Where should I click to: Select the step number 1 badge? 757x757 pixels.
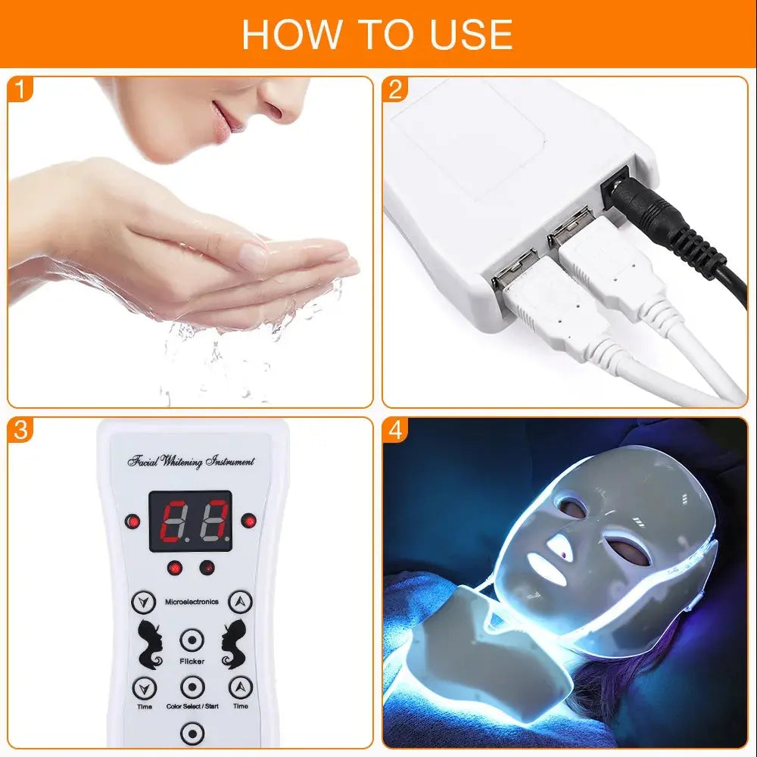(x=22, y=90)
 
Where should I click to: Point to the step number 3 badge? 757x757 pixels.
(x=22, y=430)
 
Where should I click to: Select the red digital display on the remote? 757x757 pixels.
(x=190, y=523)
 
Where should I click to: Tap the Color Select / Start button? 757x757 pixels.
(x=192, y=687)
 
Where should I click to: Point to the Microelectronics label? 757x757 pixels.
(x=192, y=602)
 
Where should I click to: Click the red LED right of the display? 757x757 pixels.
(x=248, y=521)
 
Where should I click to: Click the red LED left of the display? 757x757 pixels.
(x=133, y=522)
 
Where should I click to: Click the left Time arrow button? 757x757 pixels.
(x=143, y=687)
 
